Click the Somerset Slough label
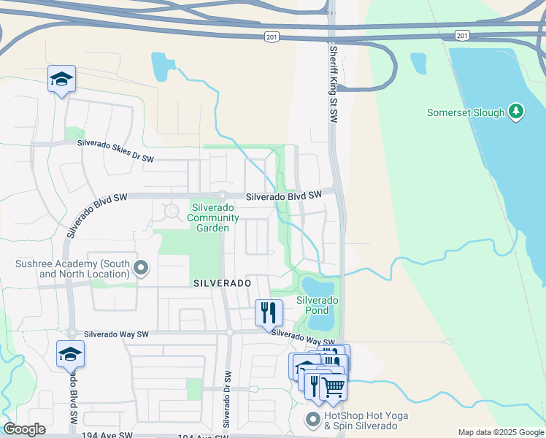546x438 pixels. [x=466, y=113]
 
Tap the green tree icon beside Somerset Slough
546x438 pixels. [x=516, y=112]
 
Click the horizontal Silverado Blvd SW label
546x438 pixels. [x=283, y=196]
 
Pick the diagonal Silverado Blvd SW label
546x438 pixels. [x=97, y=215]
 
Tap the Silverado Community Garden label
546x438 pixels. [x=213, y=218]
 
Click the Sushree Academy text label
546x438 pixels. [x=72, y=269]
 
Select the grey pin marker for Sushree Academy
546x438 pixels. [x=141, y=269]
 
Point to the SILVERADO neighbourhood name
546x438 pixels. [x=222, y=283]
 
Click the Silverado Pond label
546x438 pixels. [x=317, y=305]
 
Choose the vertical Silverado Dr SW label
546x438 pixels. [x=227, y=399]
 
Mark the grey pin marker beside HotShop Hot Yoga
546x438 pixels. [x=313, y=420]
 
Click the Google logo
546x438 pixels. [x=25, y=429]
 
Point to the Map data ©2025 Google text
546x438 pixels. [x=500, y=432]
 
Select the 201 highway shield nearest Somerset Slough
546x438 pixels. [x=461, y=35]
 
